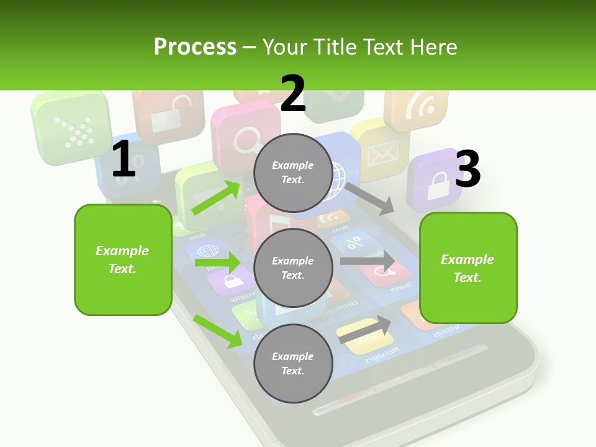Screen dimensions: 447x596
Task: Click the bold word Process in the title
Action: coord(195,47)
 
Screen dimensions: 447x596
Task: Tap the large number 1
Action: coord(124,160)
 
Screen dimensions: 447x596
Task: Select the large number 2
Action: coord(293,94)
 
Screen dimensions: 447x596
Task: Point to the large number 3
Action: coord(467,169)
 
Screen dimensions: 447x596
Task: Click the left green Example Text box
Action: coord(123,260)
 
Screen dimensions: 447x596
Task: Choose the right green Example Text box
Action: coord(468,268)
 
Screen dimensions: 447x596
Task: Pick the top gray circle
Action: coord(292,172)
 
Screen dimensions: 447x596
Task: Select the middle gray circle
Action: coord(292,268)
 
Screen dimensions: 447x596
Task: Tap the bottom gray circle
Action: coord(292,363)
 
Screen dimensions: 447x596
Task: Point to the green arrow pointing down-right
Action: coord(218,331)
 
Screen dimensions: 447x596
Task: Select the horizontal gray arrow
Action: coord(367,261)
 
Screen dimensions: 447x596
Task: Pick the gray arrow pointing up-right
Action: coord(365,329)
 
